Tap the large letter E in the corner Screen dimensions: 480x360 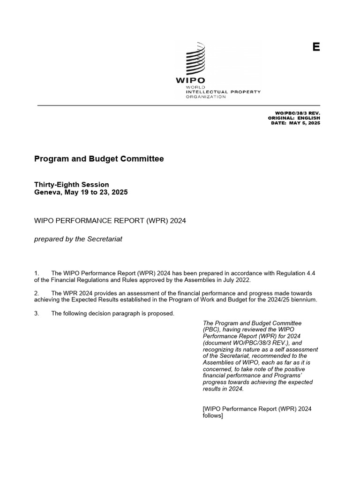pos(316,47)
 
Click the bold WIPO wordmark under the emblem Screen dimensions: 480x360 pos(191,80)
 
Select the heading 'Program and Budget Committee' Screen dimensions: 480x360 pos(99,159)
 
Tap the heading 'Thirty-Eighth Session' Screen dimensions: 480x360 pos(71,185)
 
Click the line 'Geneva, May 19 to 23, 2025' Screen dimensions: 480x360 pos(81,192)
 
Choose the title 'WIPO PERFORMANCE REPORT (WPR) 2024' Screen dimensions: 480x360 pos(110,221)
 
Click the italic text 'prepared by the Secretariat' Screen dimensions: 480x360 pos(78,239)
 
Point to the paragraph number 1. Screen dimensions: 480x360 pos(37,273)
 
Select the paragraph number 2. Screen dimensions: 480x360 pos(37,293)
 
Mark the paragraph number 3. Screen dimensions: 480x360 pos(37,313)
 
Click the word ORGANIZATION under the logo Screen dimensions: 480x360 pos(206,97)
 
